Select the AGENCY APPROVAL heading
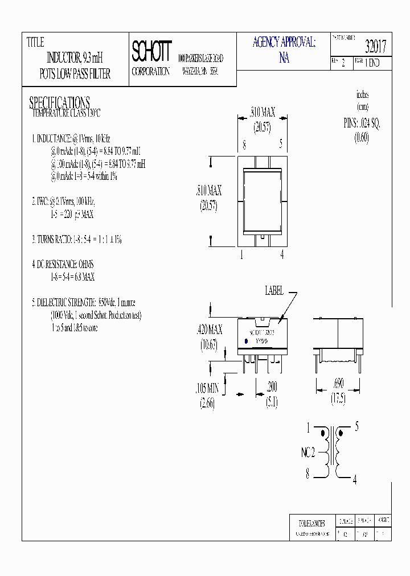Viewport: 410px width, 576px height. pyautogui.click(x=284, y=42)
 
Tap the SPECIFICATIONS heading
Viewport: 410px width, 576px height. pyautogui.click(x=59, y=102)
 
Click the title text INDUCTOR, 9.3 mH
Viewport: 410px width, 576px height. pyautogui.click(x=74, y=58)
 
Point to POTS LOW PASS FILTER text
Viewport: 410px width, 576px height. pyautogui.click(x=75, y=74)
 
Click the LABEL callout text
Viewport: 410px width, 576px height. pyautogui.click(x=274, y=291)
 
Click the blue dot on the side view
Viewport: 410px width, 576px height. pyautogui.click(x=246, y=341)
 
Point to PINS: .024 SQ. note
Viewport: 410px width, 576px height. pyautogui.click(x=362, y=122)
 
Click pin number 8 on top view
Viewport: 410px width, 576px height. pyautogui.click(x=244, y=145)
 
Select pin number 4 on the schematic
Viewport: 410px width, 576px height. pyautogui.click(x=354, y=480)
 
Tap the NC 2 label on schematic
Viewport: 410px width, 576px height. pyautogui.click(x=308, y=454)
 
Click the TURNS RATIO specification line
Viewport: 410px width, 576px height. pyautogui.click(x=76, y=240)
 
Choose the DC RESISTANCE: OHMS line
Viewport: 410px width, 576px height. pyautogui.click(x=63, y=265)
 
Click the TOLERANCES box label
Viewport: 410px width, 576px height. pyautogui.click(x=311, y=522)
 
